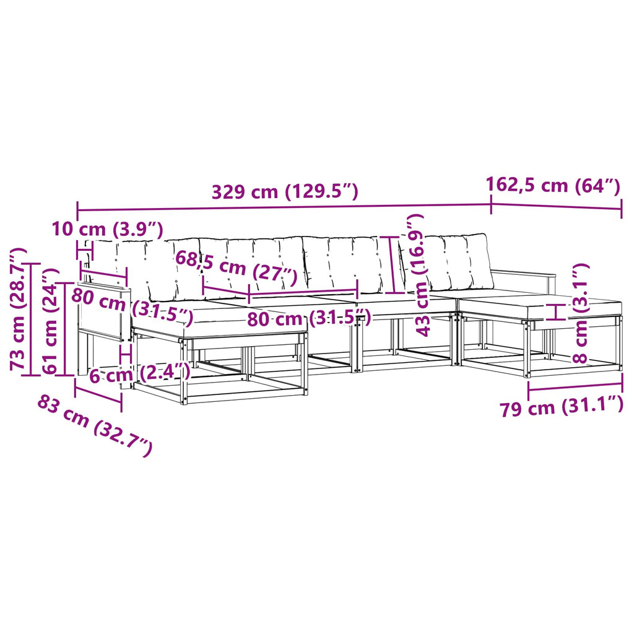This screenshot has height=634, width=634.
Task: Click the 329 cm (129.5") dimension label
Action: (x=285, y=191)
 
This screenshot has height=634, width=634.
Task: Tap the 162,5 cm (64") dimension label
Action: (x=553, y=186)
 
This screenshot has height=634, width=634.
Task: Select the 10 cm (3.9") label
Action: (x=108, y=230)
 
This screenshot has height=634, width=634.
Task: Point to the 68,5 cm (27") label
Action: (x=237, y=267)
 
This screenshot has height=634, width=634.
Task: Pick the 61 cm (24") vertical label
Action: (x=51, y=321)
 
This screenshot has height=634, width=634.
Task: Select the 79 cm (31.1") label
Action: (x=562, y=407)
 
